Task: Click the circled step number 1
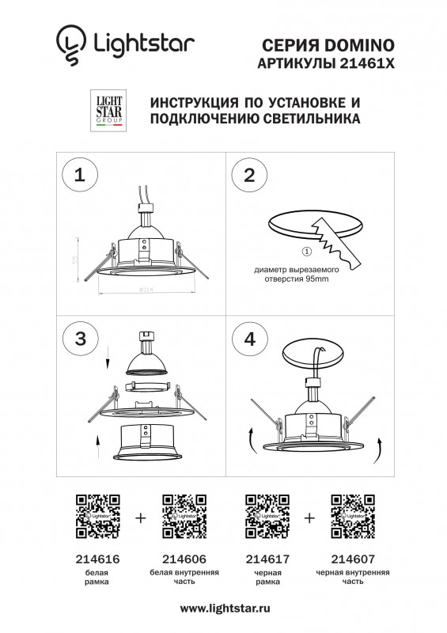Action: [x=79, y=176]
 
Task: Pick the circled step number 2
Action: [x=249, y=176]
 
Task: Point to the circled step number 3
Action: [x=79, y=339]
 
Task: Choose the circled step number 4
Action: [x=250, y=339]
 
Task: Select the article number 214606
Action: [x=184, y=558]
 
